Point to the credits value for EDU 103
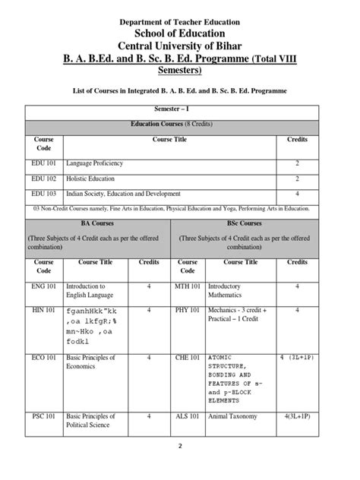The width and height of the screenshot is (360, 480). point(296,193)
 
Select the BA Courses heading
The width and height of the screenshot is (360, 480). point(96,225)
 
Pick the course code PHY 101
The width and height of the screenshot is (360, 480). point(189,310)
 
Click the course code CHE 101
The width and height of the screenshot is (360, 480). point(189,356)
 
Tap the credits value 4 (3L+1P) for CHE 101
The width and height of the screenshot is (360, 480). point(296,356)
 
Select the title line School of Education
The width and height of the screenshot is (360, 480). point(179,33)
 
